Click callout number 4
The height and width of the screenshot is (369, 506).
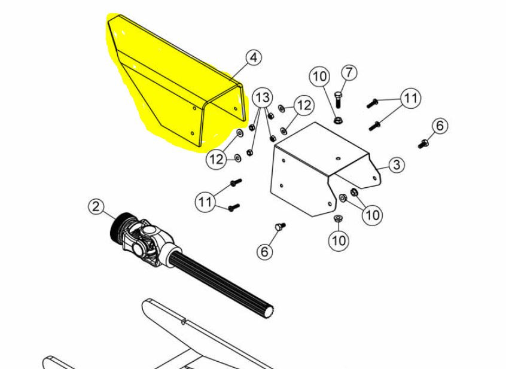click(x=254, y=58)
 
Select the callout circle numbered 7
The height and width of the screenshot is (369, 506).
click(x=349, y=72)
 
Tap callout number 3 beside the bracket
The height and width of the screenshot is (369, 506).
click(x=397, y=165)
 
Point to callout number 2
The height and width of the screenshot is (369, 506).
click(x=96, y=206)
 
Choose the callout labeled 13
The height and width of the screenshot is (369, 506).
click(x=263, y=97)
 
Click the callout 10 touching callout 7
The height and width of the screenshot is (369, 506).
click(x=319, y=77)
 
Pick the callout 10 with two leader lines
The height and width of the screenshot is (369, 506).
click(x=373, y=215)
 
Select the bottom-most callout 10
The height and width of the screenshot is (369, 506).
click(x=339, y=240)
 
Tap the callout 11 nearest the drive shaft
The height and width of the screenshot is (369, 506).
click(x=205, y=202)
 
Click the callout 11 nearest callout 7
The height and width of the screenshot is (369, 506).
click(x=410, y=97)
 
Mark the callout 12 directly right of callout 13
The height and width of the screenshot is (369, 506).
click(x=303, y=105)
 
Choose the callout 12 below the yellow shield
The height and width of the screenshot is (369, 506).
click(x=217, y=159)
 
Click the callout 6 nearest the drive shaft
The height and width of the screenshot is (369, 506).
click(x=264, y=251)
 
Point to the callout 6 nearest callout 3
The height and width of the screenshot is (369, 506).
click(x=440, y=126)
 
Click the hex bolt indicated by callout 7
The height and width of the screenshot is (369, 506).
click(x=337, y=99)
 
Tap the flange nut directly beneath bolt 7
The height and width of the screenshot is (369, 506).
click(x=338, y=120)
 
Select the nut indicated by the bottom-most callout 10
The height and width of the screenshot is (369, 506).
click(x=338, y=218)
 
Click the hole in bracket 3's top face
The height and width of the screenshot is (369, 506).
click(x=338, y=158)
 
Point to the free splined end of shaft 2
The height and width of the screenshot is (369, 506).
click(x=269, y=312)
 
